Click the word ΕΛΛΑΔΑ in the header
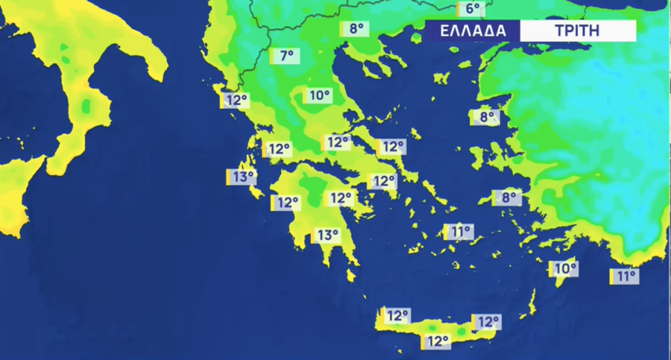(x=472, y=31)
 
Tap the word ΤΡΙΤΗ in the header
(x=577, y=31)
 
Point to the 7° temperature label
(x=286, y=56)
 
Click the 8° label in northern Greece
(x=355, y=29)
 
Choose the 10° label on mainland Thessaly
(x=318, y=96)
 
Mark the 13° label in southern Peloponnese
(x=326, y=235)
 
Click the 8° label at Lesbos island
(x=486, y=118)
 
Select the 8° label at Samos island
(x=508, y=197)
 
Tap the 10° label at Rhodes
(x=564, y=268)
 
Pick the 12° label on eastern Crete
(x=488, y=322)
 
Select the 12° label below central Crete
(x=436, y=341)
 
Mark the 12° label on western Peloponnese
(x=286, y=203)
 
